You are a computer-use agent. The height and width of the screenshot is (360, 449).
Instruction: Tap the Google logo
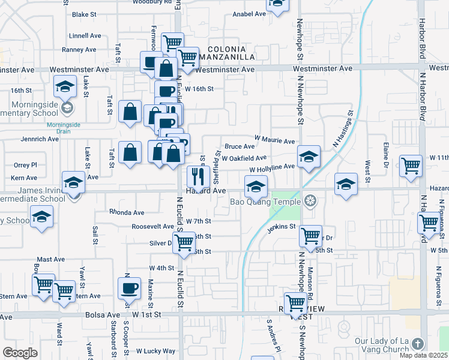20,353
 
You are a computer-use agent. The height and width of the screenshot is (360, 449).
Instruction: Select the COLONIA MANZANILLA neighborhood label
231,52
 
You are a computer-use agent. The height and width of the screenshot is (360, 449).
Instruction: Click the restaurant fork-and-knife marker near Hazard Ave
196,176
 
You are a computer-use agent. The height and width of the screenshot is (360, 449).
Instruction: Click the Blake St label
84,14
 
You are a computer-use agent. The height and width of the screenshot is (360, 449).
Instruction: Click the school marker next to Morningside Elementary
65,88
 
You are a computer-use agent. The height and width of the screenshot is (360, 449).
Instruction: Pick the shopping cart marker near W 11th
411,166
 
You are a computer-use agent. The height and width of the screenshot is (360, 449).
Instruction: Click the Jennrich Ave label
40,139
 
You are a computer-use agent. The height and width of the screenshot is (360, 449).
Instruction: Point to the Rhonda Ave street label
127,212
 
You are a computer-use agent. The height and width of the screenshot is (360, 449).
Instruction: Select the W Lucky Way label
155,351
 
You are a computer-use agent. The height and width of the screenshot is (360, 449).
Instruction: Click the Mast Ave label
50,259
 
